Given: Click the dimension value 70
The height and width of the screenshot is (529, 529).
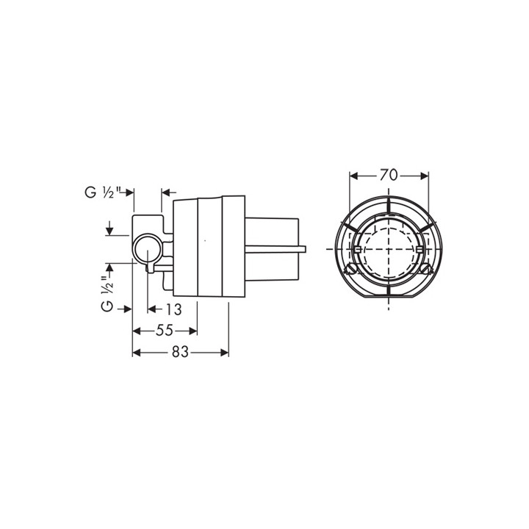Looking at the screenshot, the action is [389, 175].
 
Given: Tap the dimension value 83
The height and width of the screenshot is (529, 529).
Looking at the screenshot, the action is [180, 352].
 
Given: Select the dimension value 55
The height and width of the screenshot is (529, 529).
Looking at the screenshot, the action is [165, 331].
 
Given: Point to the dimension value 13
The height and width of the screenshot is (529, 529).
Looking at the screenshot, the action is [173, 309].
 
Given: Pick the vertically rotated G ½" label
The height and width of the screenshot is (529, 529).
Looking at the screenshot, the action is [107, 294].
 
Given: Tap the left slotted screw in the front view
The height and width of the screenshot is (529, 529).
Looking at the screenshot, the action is [350, 270].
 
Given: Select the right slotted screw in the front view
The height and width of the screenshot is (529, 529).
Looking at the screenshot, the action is [426, 270].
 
